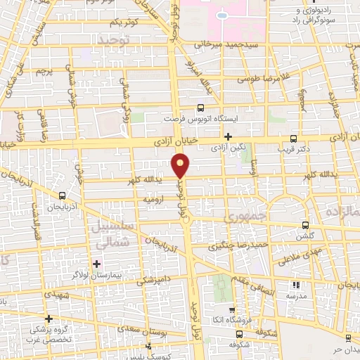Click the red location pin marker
click(181, 165)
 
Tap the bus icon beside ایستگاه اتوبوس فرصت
click(201, 108)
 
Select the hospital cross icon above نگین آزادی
click(228, 136)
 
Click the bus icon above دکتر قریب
click(292, 139)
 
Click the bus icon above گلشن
click(304, 226)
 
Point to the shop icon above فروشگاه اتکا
click(231, 309)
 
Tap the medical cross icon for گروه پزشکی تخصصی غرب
click(47, 319)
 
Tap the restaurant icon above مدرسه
click(295, 285)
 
